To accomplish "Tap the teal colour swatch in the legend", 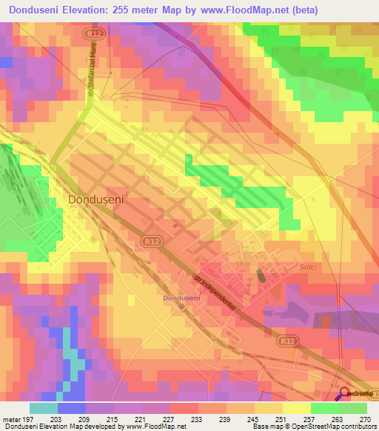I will click(44, 408).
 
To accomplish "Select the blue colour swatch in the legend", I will click(72, 408).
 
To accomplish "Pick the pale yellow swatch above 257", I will click(296, 408).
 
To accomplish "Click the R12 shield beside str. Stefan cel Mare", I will click(93, 33).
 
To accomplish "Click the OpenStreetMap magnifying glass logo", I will click(343, 394).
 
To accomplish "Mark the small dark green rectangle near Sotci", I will click(261, 275).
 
